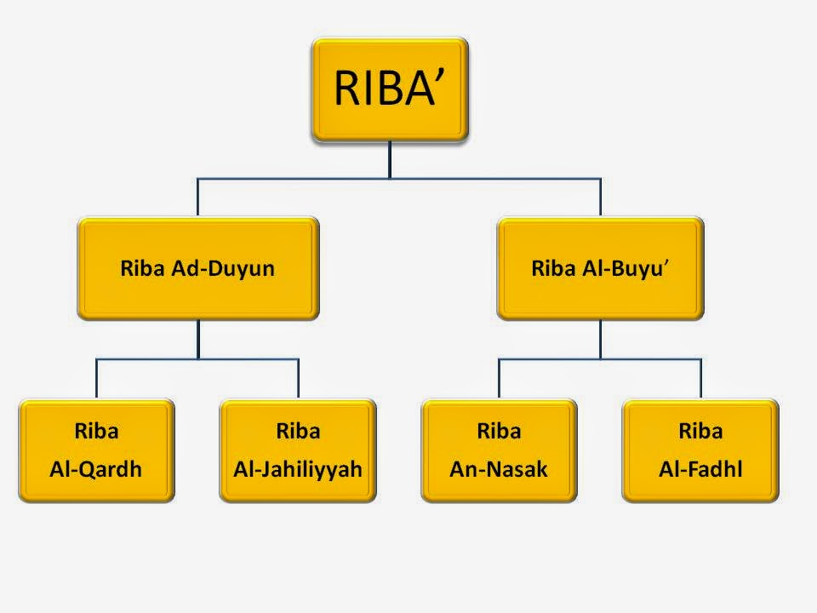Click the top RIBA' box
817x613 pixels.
tap(390, 89)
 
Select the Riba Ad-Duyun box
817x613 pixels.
tap(198, 269)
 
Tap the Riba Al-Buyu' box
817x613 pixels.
tap(600, 269)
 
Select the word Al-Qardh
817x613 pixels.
tap(96, 468)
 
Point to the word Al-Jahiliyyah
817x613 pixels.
tap(298, 468)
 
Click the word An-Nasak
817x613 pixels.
tap(499, 468)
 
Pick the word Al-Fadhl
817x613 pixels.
tap(700, 468)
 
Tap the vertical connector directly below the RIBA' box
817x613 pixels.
tap(390, 159)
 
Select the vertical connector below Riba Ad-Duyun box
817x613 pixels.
tap(198, 339)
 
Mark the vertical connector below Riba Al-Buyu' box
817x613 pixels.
tap(600, 339)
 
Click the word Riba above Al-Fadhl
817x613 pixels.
tap(700, 431)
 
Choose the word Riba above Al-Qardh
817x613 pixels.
tap(96, 431)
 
